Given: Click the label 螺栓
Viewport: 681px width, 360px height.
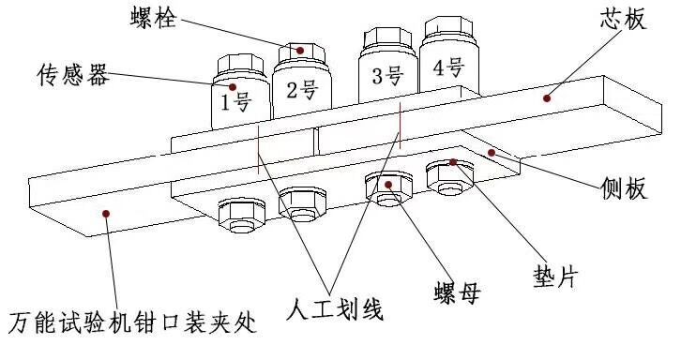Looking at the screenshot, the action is [x=154, y=18].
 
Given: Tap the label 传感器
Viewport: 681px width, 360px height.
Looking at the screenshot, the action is [x=72, y=75].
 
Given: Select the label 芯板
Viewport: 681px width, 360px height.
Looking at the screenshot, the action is [x=624, y=19].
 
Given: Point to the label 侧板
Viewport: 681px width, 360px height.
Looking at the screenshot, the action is [x=624, y=188].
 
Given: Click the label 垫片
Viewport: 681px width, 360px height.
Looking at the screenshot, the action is [x=556, y=276].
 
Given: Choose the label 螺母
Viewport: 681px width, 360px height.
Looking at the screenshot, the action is [x=457, y=292].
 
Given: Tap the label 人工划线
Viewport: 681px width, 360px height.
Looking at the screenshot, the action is [x=335, y=309].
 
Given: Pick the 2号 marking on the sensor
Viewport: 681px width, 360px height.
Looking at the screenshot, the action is [x=302, y=89].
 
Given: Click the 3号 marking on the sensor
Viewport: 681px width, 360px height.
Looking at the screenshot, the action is [x=387, y=75].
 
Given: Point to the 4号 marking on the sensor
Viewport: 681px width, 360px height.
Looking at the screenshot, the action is [x=448, y=68].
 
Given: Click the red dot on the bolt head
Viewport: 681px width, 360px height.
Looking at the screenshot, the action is [x=299, y=51].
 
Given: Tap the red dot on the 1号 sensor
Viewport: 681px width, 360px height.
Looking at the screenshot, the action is [x=233, y=87].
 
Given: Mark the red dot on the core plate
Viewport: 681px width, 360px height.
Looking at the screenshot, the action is [x=547, y=98].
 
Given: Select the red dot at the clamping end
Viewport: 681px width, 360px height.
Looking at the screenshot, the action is [x=106, y=213].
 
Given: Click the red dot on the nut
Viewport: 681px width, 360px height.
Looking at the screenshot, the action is [x=388, y=185].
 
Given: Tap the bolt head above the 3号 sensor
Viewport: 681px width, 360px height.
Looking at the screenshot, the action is [x=387, y=37].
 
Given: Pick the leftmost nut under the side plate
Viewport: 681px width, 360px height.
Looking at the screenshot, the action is [x=241, y=215].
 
